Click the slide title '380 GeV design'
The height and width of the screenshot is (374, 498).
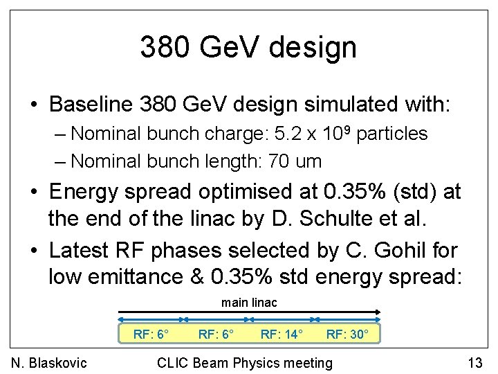click(x=248, y=47)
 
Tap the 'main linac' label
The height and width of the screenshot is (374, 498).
click(x=248, y=302)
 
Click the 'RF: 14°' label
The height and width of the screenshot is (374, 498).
click(x=282, y=335)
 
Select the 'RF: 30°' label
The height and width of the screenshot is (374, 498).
click(x=348, y=335)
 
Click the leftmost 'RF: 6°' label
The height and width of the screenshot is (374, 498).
click(x=151, y=335)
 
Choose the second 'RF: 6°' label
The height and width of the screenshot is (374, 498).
click(x=216, y=335)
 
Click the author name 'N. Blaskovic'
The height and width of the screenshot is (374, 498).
click(x=49, y=362)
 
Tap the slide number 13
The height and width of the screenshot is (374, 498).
click(x=474, y=362)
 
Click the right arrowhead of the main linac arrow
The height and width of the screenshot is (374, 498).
click(x=378, y=312)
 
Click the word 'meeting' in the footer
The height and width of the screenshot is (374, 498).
click(x=307, y=362)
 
